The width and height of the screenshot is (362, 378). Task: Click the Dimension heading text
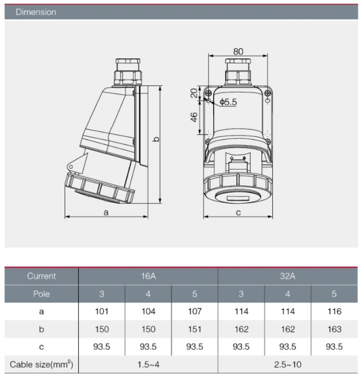[36, 12]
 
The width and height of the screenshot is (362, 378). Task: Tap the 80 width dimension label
[238, 52]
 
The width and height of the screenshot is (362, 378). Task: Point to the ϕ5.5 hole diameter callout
[229, 102]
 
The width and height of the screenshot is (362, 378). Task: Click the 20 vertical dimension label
[194, 93]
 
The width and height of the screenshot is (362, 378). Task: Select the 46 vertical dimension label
[194, 117]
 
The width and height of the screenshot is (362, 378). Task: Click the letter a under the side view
[106, 213]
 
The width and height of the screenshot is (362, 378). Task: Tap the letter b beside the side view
[156, 139]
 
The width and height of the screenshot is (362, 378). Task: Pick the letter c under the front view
[238, 213]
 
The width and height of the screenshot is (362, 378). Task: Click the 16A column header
[148, 276]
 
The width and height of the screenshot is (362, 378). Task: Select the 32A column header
[288, 276]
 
